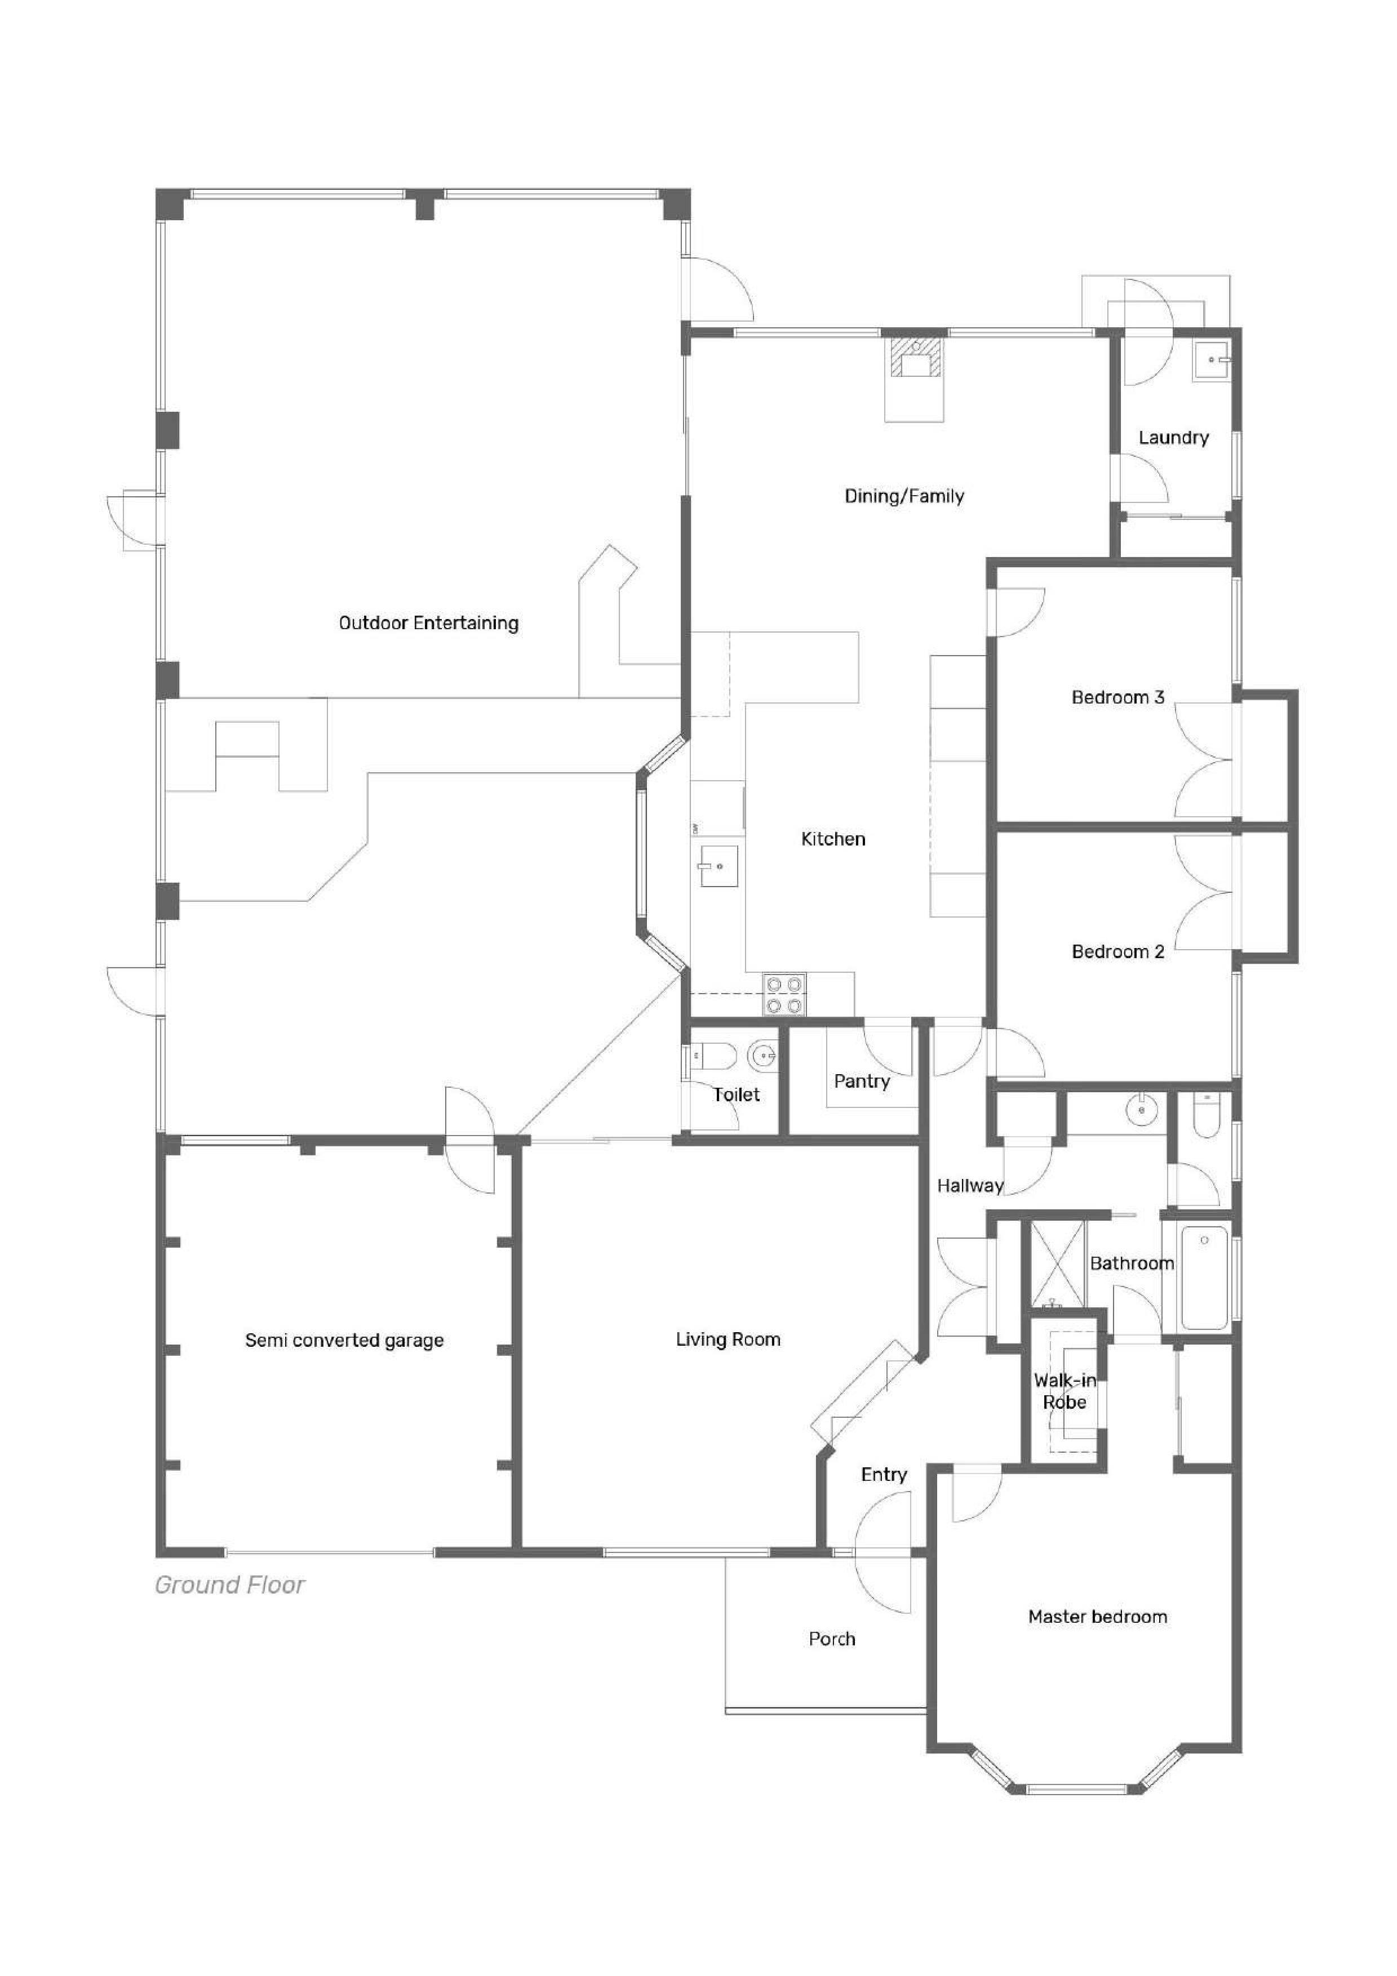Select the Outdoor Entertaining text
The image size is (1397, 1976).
pos(429,623)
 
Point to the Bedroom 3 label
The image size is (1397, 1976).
pos(1118,697)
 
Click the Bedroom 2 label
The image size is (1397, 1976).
pos(1118,951)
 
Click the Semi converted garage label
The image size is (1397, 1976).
pos(344,1340)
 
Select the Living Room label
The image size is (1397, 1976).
pos(728,1339)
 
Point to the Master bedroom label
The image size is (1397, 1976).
pos(1097,1616)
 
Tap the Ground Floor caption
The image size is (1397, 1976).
pos(230,1585)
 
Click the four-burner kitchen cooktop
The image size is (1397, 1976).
pos(784,994)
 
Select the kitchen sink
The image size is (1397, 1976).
pos(719,865)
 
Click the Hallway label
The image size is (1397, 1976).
pos(970,1186)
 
